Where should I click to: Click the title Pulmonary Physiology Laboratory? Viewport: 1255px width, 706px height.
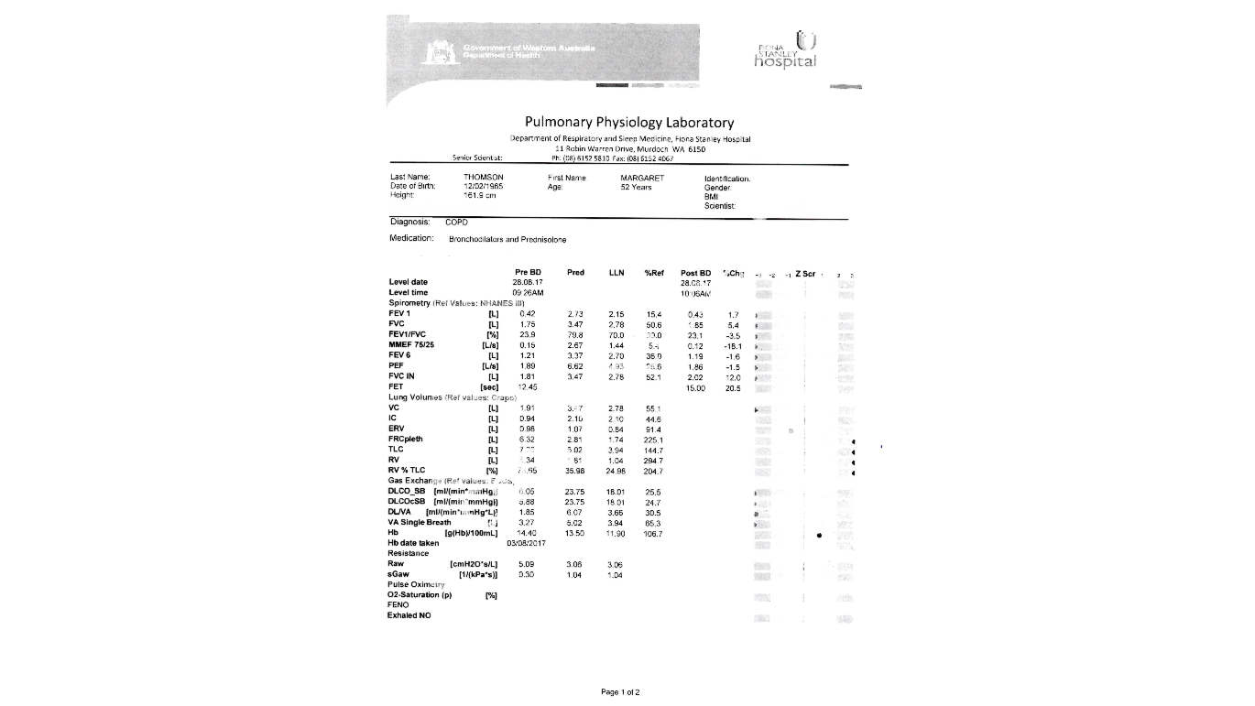pos(628,122)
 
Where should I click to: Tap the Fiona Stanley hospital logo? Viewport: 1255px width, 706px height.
pos(786,50)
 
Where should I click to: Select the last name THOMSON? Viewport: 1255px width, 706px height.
pos(484,178)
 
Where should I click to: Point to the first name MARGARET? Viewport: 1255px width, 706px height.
pos(642,178)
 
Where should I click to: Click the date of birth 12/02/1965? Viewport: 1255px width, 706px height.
pos(484,186)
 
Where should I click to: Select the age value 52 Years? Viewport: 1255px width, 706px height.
pos(636,187)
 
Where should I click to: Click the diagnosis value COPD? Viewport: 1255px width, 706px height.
pos(456,223)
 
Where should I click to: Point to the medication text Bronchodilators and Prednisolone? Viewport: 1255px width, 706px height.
pos(507,240)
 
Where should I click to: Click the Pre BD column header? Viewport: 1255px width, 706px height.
pos(528,273)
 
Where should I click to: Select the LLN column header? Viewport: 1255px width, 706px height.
pos(617,273)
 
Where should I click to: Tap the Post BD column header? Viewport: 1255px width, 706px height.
pos(695,273)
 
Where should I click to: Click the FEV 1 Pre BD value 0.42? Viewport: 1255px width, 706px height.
pos(527,314)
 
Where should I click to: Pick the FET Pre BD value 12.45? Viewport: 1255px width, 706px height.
pos(527,387)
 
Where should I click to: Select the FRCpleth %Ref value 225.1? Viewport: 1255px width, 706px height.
pos(654,440)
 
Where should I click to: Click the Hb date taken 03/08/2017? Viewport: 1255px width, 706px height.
pos(526,543)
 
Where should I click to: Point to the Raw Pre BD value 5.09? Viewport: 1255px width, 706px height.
pos(526,564)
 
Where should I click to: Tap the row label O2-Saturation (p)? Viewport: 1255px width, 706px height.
pos(420,595)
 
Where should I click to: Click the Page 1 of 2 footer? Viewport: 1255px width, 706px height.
pos(620,692)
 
